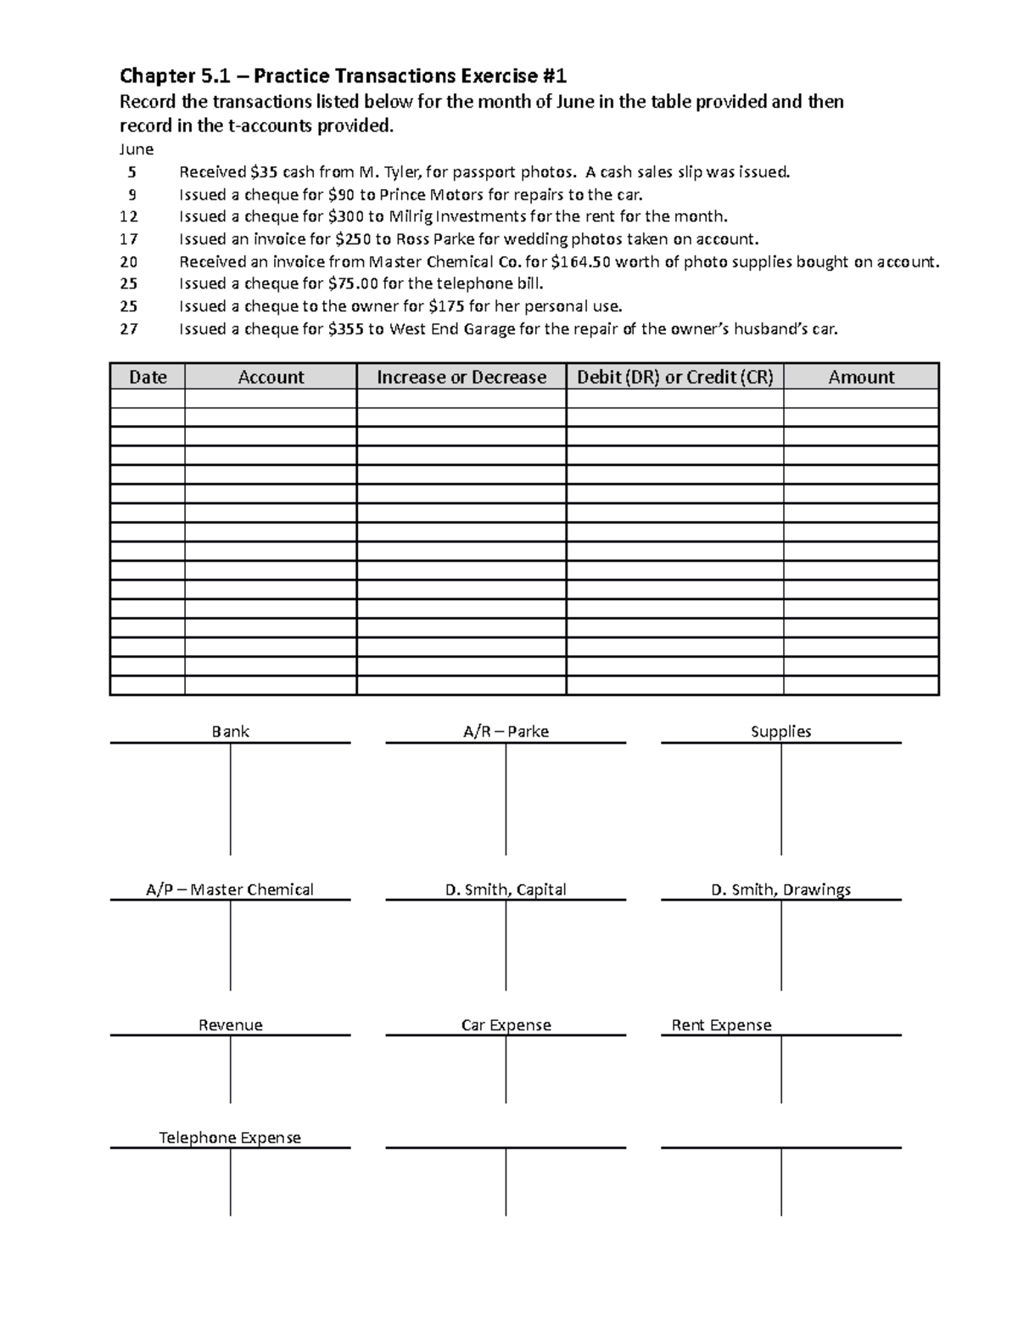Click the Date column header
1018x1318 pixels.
148,377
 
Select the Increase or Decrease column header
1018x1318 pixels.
461,377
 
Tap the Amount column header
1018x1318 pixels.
861,377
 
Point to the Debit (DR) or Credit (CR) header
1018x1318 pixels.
675,377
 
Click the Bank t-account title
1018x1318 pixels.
230,732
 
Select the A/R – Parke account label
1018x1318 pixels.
506,732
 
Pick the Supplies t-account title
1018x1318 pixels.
780,732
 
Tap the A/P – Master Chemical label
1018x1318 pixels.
230,889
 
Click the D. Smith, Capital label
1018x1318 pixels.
506,889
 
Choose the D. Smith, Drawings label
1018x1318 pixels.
780,889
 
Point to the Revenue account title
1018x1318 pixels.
230,1025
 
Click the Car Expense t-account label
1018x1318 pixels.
506,1025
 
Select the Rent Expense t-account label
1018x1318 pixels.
721,1025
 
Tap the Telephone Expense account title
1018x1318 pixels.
230,1137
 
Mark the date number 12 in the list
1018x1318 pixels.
128,216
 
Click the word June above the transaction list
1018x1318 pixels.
136,149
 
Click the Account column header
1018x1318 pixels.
271,377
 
